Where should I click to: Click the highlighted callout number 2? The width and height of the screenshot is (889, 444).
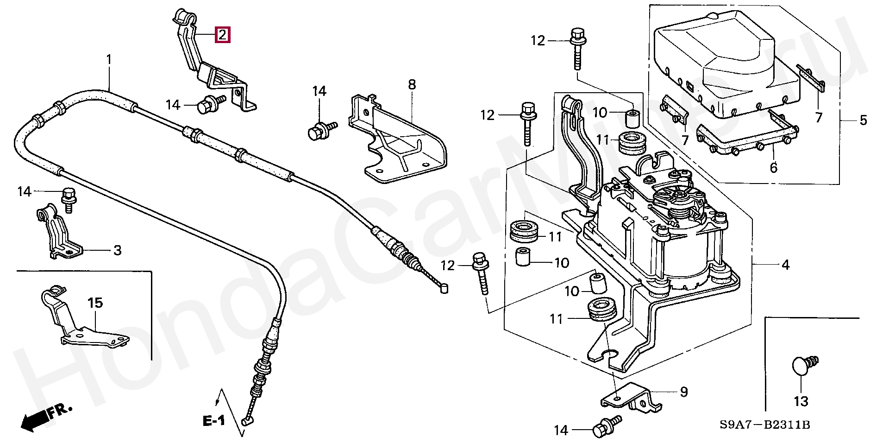coord(222,35)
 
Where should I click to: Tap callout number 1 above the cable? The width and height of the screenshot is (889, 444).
coord(109,60)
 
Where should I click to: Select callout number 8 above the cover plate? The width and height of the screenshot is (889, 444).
coord(412,84)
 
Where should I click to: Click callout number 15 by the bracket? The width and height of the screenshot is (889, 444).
coord(95,303)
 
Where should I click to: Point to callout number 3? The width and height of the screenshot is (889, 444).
coord(118,250)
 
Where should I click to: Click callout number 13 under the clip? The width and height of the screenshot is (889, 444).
coord(801,401)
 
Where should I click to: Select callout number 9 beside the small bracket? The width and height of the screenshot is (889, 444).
coord(684,392)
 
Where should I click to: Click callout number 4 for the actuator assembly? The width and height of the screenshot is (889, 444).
coord(785,265)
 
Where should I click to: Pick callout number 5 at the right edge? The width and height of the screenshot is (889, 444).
coord(863,120)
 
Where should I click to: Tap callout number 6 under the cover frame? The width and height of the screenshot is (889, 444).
coord(773,167)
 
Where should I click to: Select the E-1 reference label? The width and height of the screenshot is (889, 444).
coord(213,421)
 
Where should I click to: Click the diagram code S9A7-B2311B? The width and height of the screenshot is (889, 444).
coord(764,425)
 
